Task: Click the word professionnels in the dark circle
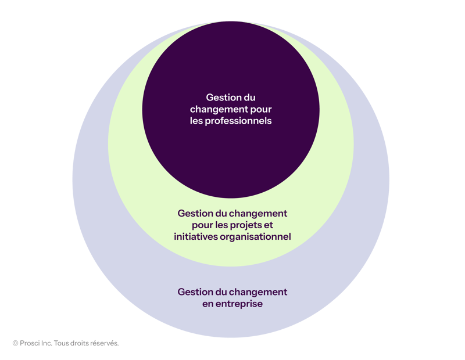238,121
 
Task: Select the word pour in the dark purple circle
261,110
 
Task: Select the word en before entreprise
208,304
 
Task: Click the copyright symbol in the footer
16,343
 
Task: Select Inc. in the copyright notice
46,343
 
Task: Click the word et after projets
268,225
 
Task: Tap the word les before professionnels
196,121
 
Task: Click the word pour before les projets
202,225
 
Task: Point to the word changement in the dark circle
219,109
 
